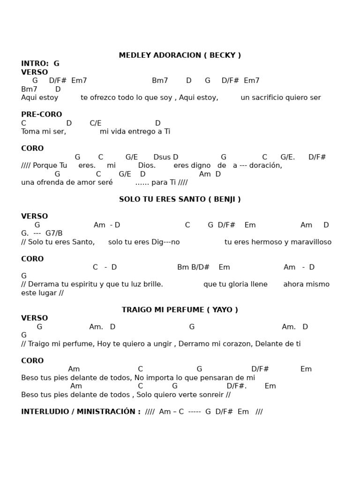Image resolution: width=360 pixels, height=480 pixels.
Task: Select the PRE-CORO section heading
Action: [x=41, y=114]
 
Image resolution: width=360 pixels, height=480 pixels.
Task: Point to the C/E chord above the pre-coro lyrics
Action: [x=96, y=123]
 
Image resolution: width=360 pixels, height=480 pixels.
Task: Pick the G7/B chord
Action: [x=54, y=233]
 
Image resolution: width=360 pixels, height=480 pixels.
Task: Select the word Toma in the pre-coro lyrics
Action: [x=30, y=132]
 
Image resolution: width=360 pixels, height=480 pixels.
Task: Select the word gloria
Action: [x=236, y=284]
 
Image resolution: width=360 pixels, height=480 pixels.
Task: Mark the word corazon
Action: [x=235, y=344]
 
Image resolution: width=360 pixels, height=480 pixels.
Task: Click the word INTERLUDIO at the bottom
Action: [x=44, y=412]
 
